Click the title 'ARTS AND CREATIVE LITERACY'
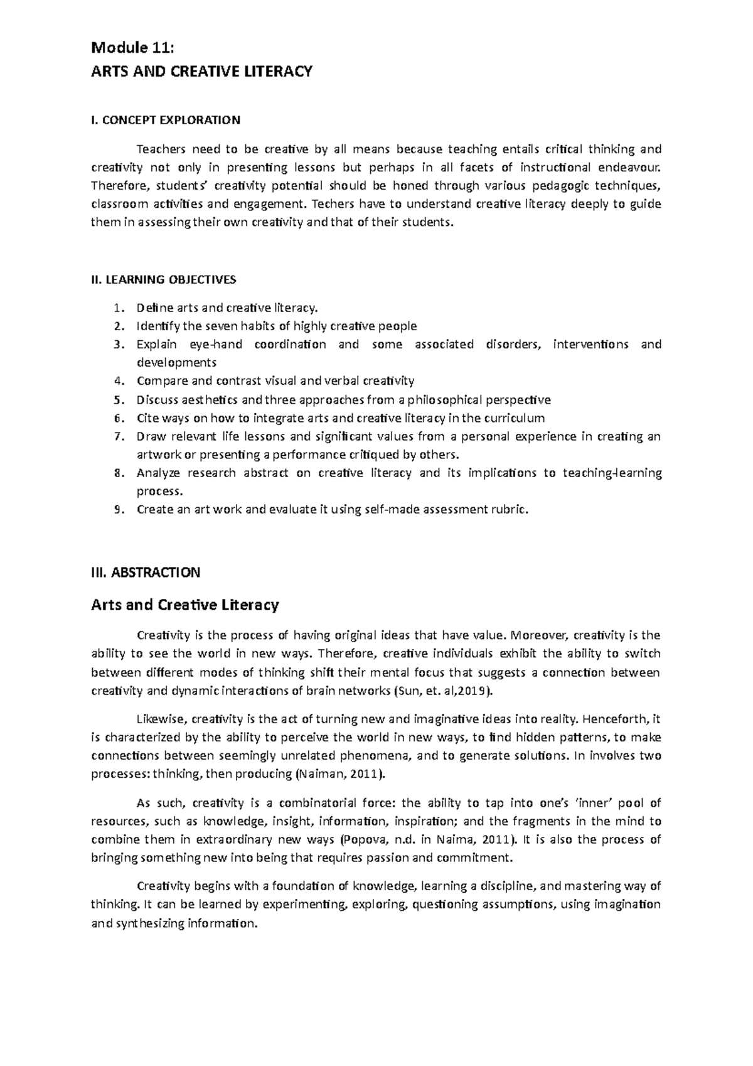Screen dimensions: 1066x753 point(201,72)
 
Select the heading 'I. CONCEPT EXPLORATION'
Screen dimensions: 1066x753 point(166,120)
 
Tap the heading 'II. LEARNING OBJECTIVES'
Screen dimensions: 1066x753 point(164,279)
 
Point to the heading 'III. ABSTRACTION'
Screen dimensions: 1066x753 point(146,572)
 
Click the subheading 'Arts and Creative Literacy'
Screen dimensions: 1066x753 point(185,605)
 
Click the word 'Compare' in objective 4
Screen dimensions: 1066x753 point(159,381)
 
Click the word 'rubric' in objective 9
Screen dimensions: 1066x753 point(508,510)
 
